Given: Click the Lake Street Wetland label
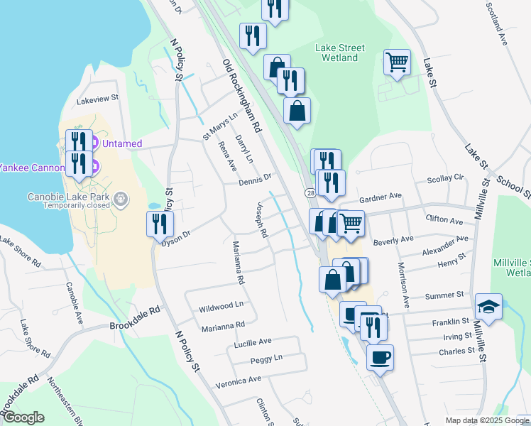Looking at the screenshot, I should (x=340, y=53).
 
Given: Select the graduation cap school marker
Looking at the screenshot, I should (x=488, y=306).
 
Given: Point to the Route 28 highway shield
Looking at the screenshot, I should (x=310, y=192).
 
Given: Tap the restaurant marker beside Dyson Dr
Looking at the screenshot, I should (x=160, y=224).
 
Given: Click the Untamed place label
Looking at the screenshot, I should (x=122, y=143).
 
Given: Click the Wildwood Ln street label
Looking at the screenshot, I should (x=221, y=306).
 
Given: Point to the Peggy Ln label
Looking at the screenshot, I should (x=266, y=359).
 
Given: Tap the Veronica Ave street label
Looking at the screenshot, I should (x=239, y=381).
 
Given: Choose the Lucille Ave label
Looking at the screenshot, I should (x=253, y=342).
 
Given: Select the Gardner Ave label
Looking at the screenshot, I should (x=380, y=196).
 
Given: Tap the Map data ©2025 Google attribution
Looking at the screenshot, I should (x=486, y=420).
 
